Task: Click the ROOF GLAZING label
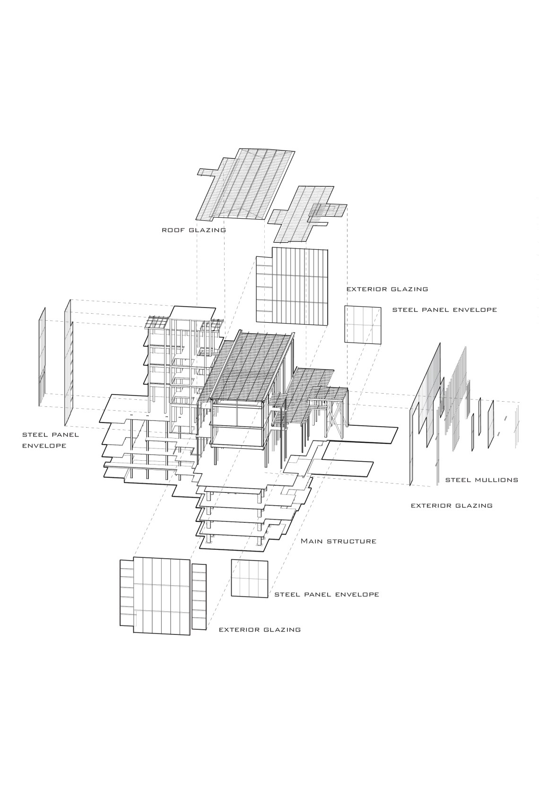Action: coord(194,230)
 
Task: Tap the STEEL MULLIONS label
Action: coord(481,480)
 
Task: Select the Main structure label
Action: coord(339,541)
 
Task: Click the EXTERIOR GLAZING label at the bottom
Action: coord(260,630)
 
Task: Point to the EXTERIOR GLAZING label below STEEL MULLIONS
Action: coord(452,505)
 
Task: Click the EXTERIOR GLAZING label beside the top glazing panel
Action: coord(387,289)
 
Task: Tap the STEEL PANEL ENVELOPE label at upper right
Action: coord(444,310)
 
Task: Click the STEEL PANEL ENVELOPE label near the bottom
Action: coord(327,594)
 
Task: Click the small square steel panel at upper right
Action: coord(363,325)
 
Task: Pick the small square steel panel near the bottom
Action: coord(249,578)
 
